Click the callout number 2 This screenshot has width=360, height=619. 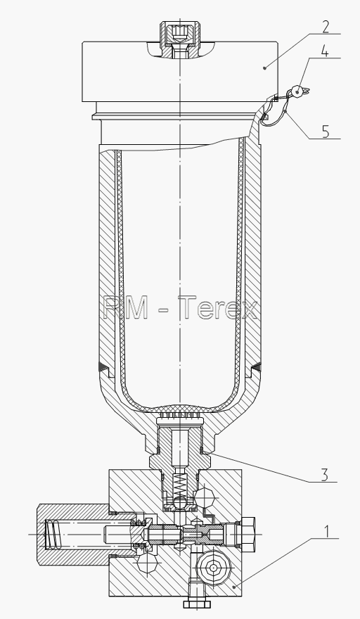point(325,27)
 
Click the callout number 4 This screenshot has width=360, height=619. point(324,51)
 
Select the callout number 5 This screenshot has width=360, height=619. point(326,132)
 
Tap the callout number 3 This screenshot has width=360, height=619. point(324,475)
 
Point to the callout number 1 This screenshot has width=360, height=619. point(326,532)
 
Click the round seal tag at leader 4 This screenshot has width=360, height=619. point(299,92)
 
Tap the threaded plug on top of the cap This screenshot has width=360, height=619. point(180,39)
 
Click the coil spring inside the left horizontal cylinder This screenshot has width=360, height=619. point(53,534)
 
